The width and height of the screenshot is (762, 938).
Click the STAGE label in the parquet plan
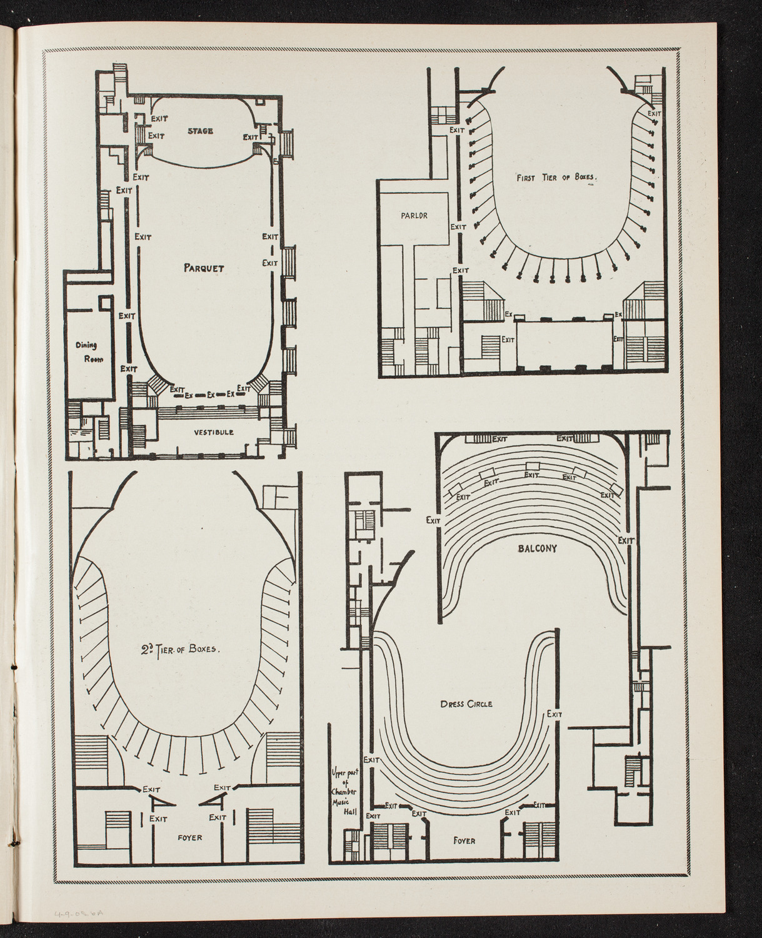[201, 131]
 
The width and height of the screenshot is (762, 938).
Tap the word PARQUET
[204, 268]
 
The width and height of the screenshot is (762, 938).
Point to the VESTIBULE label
[213, 432]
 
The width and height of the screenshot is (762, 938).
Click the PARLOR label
[414, 216]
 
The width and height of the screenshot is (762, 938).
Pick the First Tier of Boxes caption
[556, 178]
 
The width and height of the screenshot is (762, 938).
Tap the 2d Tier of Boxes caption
[182, 648]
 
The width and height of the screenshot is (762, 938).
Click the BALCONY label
[537, 548]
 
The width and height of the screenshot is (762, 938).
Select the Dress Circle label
[466, 703]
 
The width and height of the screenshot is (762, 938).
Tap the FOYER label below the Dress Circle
[464, 840]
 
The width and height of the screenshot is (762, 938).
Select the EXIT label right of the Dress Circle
[554, 714]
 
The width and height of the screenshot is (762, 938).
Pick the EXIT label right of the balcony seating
[626, 540]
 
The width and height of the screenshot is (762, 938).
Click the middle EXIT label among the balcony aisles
[531, 475]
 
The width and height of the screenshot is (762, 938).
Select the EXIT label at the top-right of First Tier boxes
[654, 114]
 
